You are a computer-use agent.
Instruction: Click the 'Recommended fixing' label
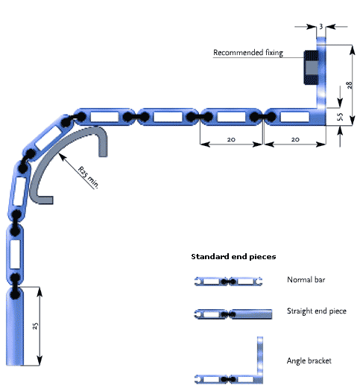coord(248,53)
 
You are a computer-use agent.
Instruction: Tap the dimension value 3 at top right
coord(321,26)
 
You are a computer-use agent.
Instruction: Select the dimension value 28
coord(350,85)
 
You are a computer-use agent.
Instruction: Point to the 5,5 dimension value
coord(340,117)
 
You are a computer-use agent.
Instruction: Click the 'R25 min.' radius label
coord(88,177)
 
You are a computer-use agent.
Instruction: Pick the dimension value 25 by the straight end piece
coord(36,325)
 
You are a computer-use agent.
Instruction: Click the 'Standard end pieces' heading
coord(233,257)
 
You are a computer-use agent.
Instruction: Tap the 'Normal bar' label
coord(306,280)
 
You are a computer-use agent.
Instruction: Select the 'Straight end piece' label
coord(317,311)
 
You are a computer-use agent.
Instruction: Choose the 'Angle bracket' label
coord(309,360)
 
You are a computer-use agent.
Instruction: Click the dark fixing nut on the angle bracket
coord(311,67)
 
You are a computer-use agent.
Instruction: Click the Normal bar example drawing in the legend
coord(228,282)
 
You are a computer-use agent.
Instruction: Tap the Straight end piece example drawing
coord(233,314)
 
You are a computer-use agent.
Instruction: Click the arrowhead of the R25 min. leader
coord(60,156)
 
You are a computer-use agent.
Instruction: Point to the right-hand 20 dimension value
coord(295,139)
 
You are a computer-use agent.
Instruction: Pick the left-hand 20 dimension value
coord(231,139)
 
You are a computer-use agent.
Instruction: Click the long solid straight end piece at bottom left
coord(15,327)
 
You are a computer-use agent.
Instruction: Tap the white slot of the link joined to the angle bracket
coord(295,117)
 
